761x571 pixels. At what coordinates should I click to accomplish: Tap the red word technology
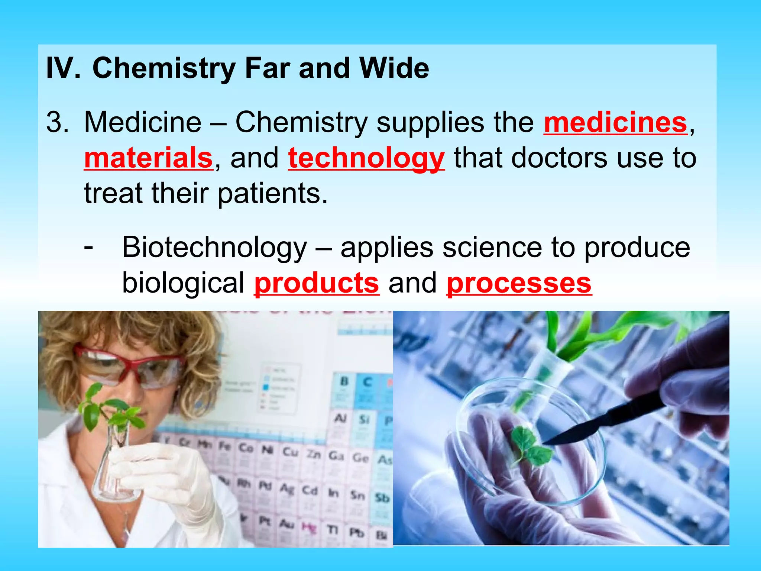tap(366, 158)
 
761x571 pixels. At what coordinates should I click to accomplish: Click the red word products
tap(317, 283)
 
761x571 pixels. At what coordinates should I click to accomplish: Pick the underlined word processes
tap(519, 283)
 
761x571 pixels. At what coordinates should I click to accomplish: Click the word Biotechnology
tap(215, 248)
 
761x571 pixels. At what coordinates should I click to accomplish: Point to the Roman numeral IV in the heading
tap(62, 68)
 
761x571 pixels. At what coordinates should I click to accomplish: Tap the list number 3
tap(57, 122)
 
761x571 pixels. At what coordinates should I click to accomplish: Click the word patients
tap(273, 194)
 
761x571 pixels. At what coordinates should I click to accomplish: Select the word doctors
tap(559, 158)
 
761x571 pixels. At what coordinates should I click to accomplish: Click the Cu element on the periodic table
tap(291, 452)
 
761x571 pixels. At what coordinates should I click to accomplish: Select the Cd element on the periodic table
tap(310, 491)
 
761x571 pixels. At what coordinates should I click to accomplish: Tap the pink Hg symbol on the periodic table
tap(308, 527)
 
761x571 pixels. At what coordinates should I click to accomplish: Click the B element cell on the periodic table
tap(344, 381)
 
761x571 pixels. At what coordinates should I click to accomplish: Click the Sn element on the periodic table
tap(357, 495)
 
